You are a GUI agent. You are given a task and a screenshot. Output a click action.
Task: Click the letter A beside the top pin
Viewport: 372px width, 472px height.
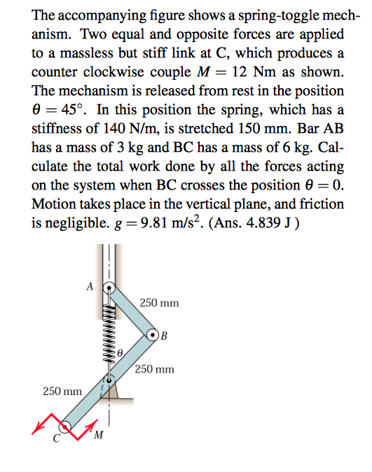[x=90, y=285]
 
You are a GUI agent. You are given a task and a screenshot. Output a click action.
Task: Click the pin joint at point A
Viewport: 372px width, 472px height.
[x=109, y=287]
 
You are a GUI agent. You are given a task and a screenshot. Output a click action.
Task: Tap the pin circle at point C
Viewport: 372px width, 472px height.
[x=65, y=424]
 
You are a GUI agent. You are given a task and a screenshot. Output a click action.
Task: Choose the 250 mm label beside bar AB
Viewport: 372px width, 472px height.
[x=159, y=303]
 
